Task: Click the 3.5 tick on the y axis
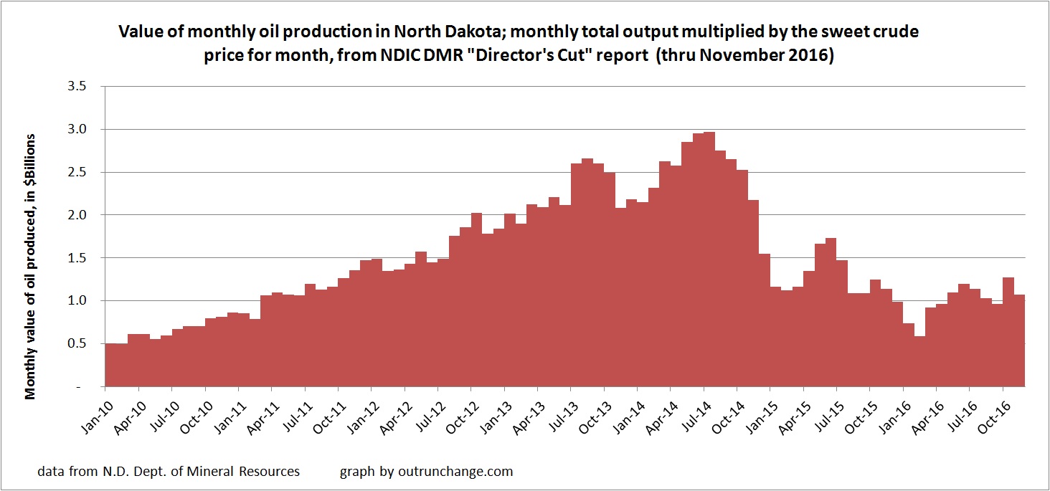tap(75, 87)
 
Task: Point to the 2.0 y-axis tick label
tap(75, 215)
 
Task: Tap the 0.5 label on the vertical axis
tap(75, 343)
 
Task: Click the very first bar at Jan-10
tap(110, 365)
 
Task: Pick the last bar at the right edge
tap(1019, 340)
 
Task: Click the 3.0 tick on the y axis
tap(75, 130)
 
